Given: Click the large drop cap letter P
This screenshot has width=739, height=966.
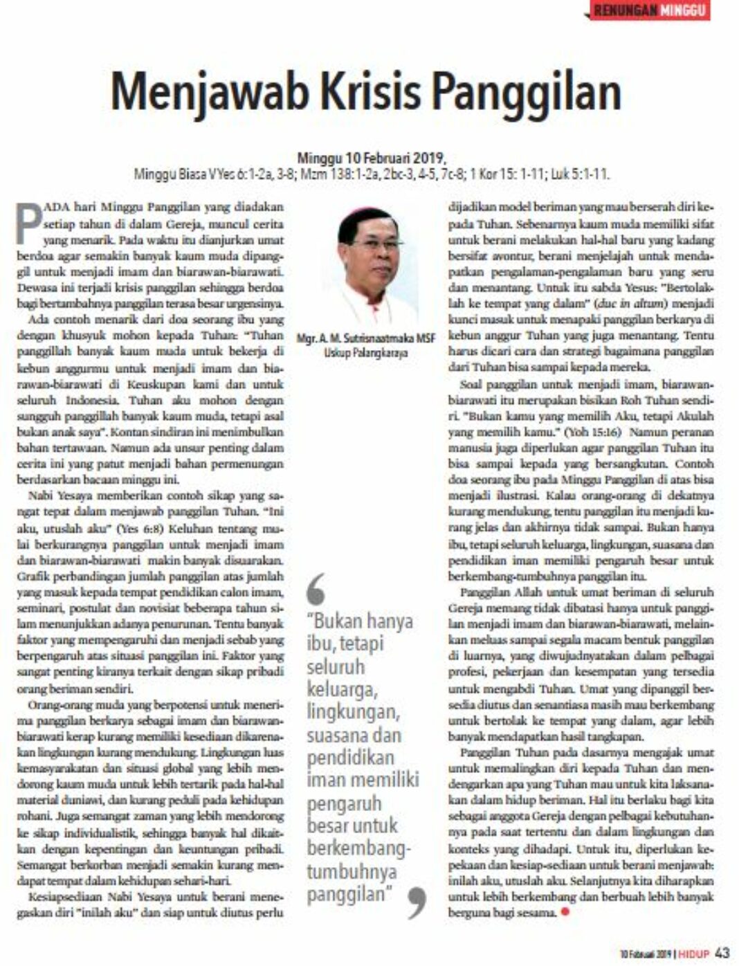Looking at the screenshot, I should click(x=29, y=223).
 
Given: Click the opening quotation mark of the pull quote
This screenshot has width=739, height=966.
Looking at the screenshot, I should click(x=316, y=590).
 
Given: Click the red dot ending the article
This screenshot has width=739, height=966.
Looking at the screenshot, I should click(x=565, y=912).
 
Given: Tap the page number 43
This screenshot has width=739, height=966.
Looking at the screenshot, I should click(x=722, y=953).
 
